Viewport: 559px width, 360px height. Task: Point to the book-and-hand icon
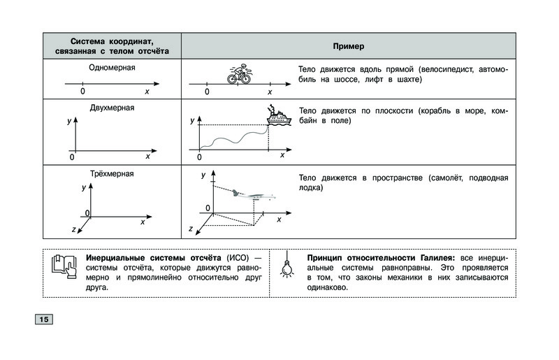coord(64,266)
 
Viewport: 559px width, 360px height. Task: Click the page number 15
coord(41,319)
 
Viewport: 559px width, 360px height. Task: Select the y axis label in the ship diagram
coord(192,122)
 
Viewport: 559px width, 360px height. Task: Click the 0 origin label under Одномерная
coord(82,92)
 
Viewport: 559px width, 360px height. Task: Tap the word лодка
coord(310,188)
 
